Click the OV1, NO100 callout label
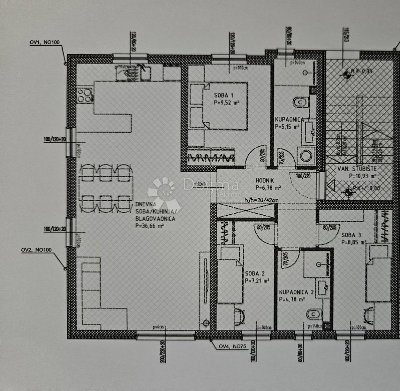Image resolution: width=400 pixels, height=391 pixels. (x=45, y=42)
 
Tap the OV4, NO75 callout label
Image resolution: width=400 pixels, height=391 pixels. (x=232, y=346)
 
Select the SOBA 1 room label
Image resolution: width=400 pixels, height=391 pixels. (x=223, y=96)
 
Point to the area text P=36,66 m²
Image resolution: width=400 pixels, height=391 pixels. (x=149, y=226)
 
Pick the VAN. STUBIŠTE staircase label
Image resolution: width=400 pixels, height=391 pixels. (x=357, y=169)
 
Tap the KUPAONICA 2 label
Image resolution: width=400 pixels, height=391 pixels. (x=296, y=292)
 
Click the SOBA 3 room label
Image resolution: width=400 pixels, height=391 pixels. (x=351, y=235)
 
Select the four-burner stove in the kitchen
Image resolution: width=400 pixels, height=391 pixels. (x=84, y=95)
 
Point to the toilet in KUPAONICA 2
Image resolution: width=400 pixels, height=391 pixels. (x=313, y=314)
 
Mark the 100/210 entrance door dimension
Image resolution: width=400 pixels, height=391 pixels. (x=303, y=175)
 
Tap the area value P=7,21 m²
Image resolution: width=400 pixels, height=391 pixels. (x=257, y=281)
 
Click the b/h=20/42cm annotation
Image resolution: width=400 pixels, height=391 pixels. (x=262, y=200)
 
